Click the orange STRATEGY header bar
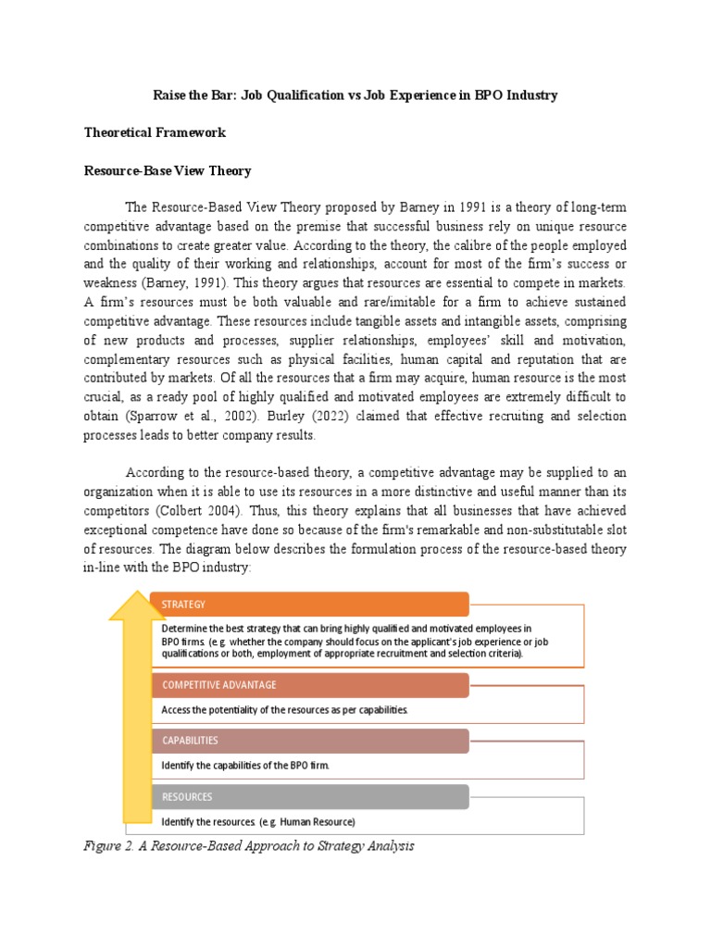click(x=310, y=605)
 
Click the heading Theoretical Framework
click(x=155, y=132)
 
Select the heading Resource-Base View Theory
click(x=168, y=171)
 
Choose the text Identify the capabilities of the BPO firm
click(x=245, y=766)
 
